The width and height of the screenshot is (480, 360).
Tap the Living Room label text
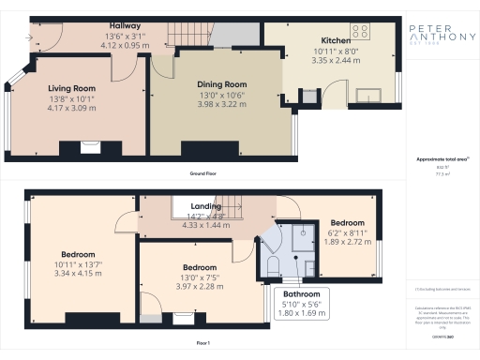[72, 88]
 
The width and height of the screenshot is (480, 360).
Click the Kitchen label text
[337, 41]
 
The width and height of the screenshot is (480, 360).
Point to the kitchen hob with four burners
[360, 27]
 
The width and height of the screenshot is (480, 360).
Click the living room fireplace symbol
[90, 145]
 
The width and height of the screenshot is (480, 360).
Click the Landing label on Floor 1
[205, 206]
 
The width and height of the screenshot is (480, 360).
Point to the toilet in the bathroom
[273, 243]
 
